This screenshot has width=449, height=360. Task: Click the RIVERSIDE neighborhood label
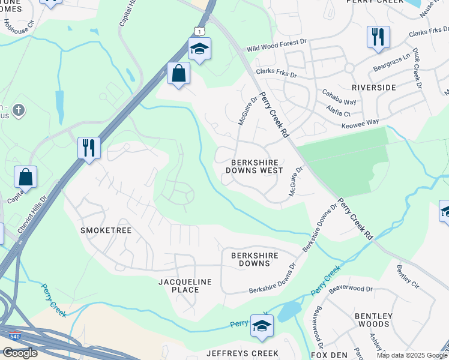[373, 88]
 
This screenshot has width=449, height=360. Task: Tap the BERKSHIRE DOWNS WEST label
[254, 166]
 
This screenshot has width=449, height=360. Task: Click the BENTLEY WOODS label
[373, 320]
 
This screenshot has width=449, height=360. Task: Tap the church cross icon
[19, 110]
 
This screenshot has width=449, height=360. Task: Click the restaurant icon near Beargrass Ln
[378, 37]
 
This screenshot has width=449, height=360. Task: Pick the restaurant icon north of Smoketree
[89, 147]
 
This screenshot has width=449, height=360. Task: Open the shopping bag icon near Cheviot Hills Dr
[26, 177]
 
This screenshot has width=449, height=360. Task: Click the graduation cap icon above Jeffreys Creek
[262, 326]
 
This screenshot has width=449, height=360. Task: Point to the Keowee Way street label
[360, 122]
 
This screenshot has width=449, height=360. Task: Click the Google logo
[20, 353]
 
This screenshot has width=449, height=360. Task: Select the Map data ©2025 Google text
[411, 355]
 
